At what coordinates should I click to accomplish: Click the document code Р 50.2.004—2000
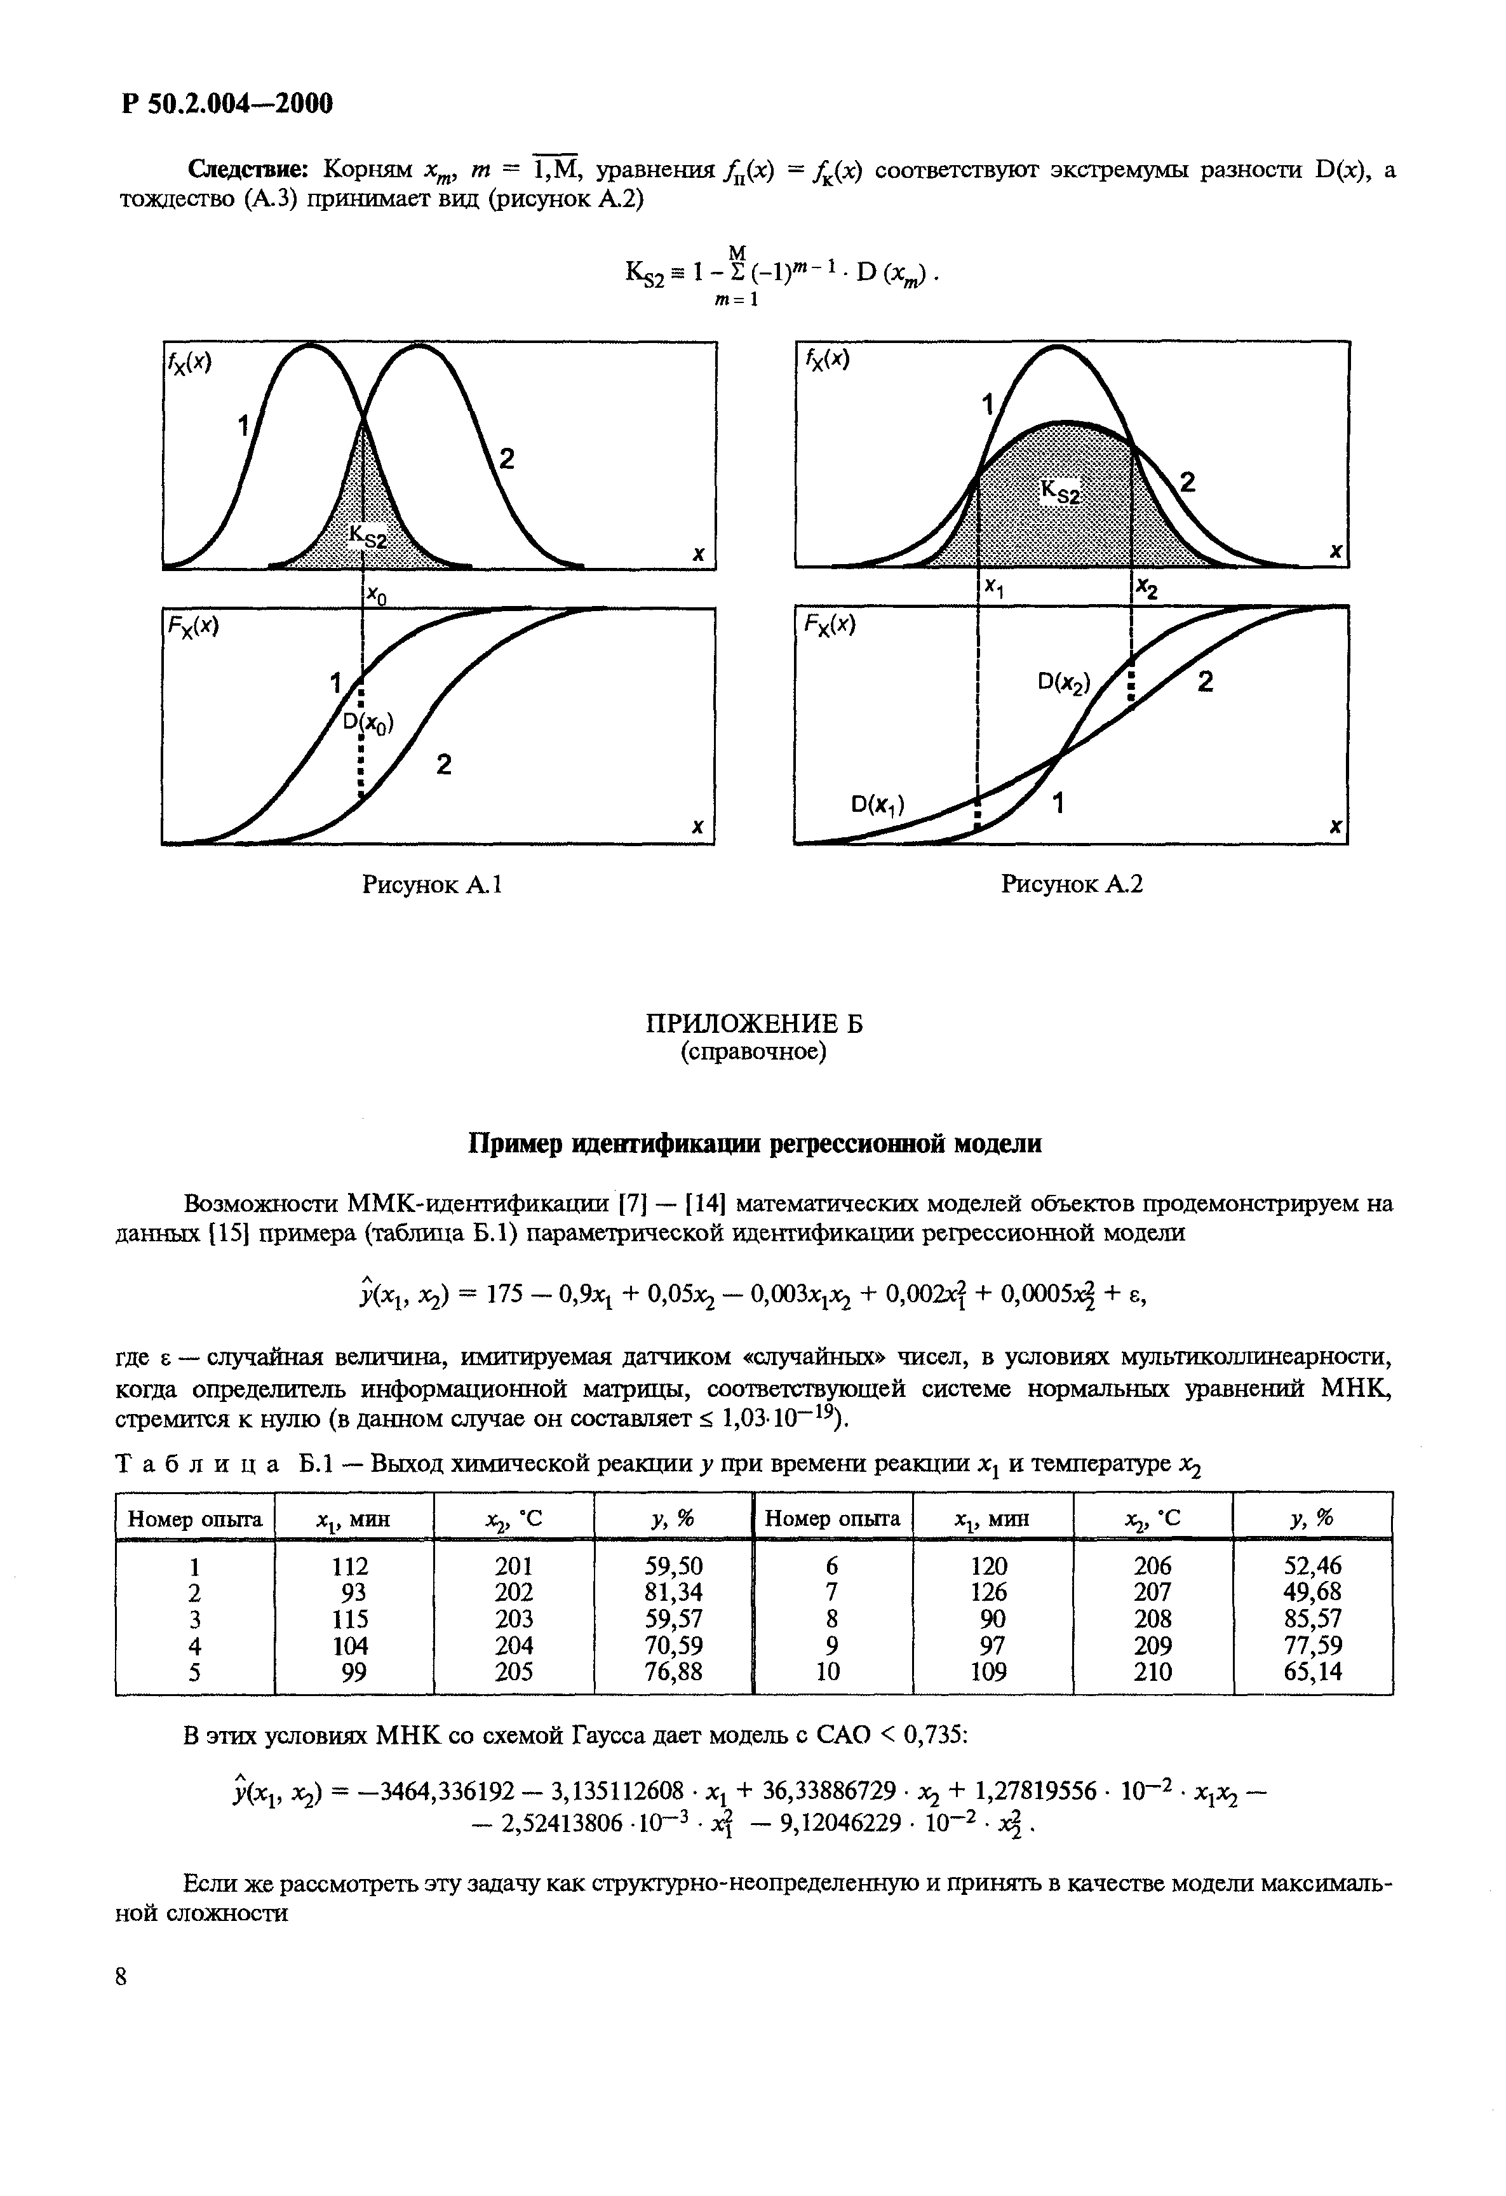coord(227,103)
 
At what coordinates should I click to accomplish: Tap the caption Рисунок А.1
coord(432,884)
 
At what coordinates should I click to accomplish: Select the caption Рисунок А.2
coord(1072,884)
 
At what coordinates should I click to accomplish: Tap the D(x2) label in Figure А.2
coord(1063,682)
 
